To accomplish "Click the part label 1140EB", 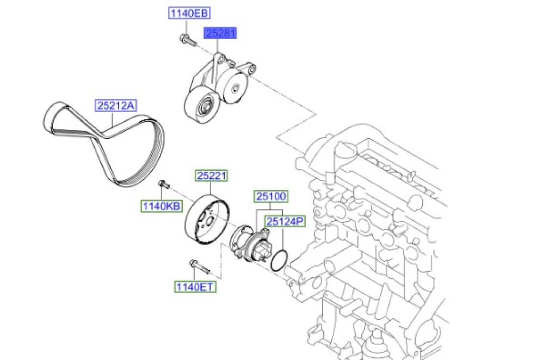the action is pos(189,13).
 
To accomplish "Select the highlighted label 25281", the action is pos(220,33).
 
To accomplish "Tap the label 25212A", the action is pos(116,105).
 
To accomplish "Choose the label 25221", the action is pos(211,176).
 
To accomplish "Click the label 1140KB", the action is pos(162,206).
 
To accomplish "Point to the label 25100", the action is pos(271,196).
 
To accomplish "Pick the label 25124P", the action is pos(285,221).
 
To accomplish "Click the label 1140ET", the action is pos(195,287).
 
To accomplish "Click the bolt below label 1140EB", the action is pos(188,40).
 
